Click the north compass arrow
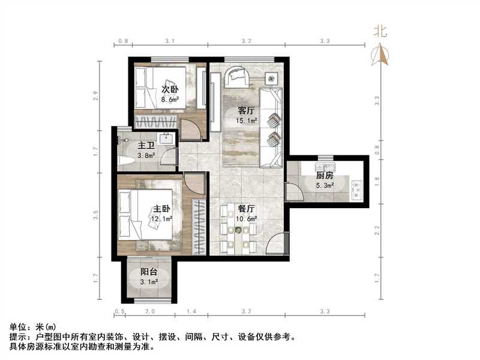pos(380,55)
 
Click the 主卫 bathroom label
pos(146,146)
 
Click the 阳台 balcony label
pos(149,272)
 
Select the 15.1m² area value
pos(247,121)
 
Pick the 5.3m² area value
pos(325,185)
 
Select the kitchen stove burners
pos(359,189)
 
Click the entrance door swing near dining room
pos(275,246)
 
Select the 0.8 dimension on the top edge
pos(122,41)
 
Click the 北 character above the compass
pos(380,31)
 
